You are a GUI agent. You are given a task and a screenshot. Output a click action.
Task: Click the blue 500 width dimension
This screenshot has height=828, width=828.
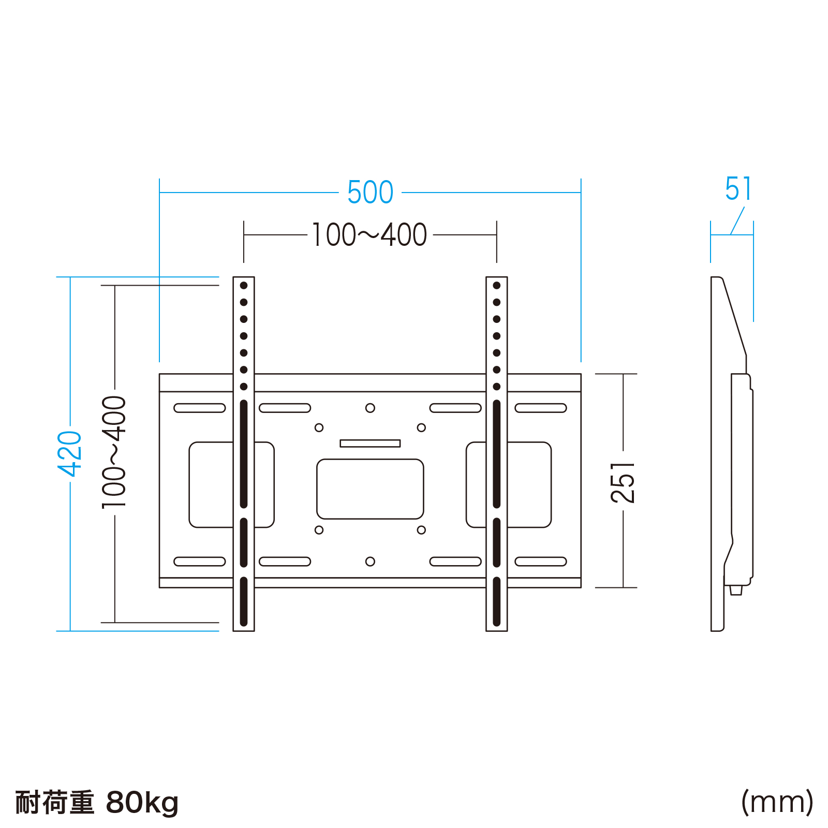(x=370, y=193)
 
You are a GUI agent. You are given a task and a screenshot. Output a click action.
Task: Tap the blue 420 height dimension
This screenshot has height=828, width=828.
(x=70, y=453)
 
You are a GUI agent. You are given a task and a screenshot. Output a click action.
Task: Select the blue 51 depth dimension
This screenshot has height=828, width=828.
(x=738, y=189)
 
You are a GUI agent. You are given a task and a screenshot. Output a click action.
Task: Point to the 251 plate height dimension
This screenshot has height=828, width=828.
(x=623, y=482)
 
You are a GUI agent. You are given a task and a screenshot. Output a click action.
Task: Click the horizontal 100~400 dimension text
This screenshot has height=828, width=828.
(x=369, y=235)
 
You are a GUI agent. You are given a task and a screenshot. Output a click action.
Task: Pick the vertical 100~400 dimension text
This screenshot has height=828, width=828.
(x=114, y=452)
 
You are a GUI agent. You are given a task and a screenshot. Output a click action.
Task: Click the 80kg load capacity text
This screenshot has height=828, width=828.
(x=142, y=803)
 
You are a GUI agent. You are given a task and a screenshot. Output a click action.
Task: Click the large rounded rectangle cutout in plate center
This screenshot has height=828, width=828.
(x=370, y=489)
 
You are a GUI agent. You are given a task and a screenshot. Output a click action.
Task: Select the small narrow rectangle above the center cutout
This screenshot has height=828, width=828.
(x=370, y=443)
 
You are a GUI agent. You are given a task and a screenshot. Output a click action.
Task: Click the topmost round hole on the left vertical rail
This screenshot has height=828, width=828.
(x=244, y=286)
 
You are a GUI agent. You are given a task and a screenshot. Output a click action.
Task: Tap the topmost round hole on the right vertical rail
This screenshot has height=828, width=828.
(x=497, y=286)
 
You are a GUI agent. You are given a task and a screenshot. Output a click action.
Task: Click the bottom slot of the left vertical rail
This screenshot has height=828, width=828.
(x=244, y=602)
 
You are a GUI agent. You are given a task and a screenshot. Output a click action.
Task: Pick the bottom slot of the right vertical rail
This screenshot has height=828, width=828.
(x=497, y=602)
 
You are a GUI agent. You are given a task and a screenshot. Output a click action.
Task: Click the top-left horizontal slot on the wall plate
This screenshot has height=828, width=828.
(x=200, y=408)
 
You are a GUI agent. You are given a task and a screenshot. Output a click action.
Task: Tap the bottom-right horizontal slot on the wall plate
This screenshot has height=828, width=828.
(x=541, y=561)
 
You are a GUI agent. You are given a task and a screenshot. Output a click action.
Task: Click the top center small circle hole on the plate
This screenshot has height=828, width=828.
(x=370, y=408)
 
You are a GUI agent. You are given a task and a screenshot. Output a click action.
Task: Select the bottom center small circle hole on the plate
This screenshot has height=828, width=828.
(x=370, y=561)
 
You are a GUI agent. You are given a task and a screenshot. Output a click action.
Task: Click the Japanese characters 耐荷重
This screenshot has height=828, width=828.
(x=55, y=803)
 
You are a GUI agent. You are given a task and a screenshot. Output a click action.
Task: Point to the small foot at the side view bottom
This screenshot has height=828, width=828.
(x=736, y=590)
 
